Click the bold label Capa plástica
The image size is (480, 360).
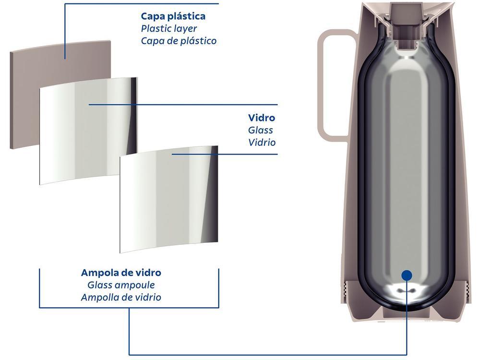click(x=173, y=16)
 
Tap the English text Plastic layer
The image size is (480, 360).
click(x=168, y=28)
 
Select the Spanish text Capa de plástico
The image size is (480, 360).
click(x=179, y=41)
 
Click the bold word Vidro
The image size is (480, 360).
click(x=262, y=118)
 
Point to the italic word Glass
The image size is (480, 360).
click(x=260, y=130)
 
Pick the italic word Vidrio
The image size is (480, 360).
click(x=262, y=143)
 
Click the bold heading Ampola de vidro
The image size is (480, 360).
click(x=121, y=273)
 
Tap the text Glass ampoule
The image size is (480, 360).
click(x=121, y=285)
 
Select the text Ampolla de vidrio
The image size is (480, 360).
click(x=121, y=297)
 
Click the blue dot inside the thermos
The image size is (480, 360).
click(x=407, y=275)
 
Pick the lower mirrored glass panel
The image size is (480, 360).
click(x=169, y=199)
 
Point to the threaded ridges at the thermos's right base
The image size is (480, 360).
click(x=468, y=291)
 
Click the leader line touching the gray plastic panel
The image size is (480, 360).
click(x=65, y=31)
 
